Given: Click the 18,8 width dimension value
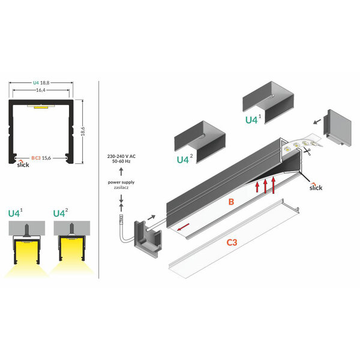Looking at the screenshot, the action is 45,83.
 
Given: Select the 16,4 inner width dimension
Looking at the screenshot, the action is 41,90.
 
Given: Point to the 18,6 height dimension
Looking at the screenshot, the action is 83,131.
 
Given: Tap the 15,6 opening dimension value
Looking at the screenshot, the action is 46,158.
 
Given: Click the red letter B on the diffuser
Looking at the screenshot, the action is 231,202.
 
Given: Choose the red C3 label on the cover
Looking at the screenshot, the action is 232,242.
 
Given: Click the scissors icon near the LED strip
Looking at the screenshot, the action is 307,151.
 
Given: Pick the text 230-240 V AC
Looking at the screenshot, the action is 121,157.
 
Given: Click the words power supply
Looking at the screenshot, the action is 121,182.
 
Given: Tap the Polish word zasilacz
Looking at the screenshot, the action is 121,188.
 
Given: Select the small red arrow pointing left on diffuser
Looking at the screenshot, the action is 184,227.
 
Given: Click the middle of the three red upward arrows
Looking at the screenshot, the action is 265,186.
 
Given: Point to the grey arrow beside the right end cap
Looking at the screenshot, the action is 317,121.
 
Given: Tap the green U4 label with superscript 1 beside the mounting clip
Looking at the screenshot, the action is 253,119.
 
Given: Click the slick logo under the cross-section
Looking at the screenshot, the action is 23,164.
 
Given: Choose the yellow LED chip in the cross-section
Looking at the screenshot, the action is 41,107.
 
